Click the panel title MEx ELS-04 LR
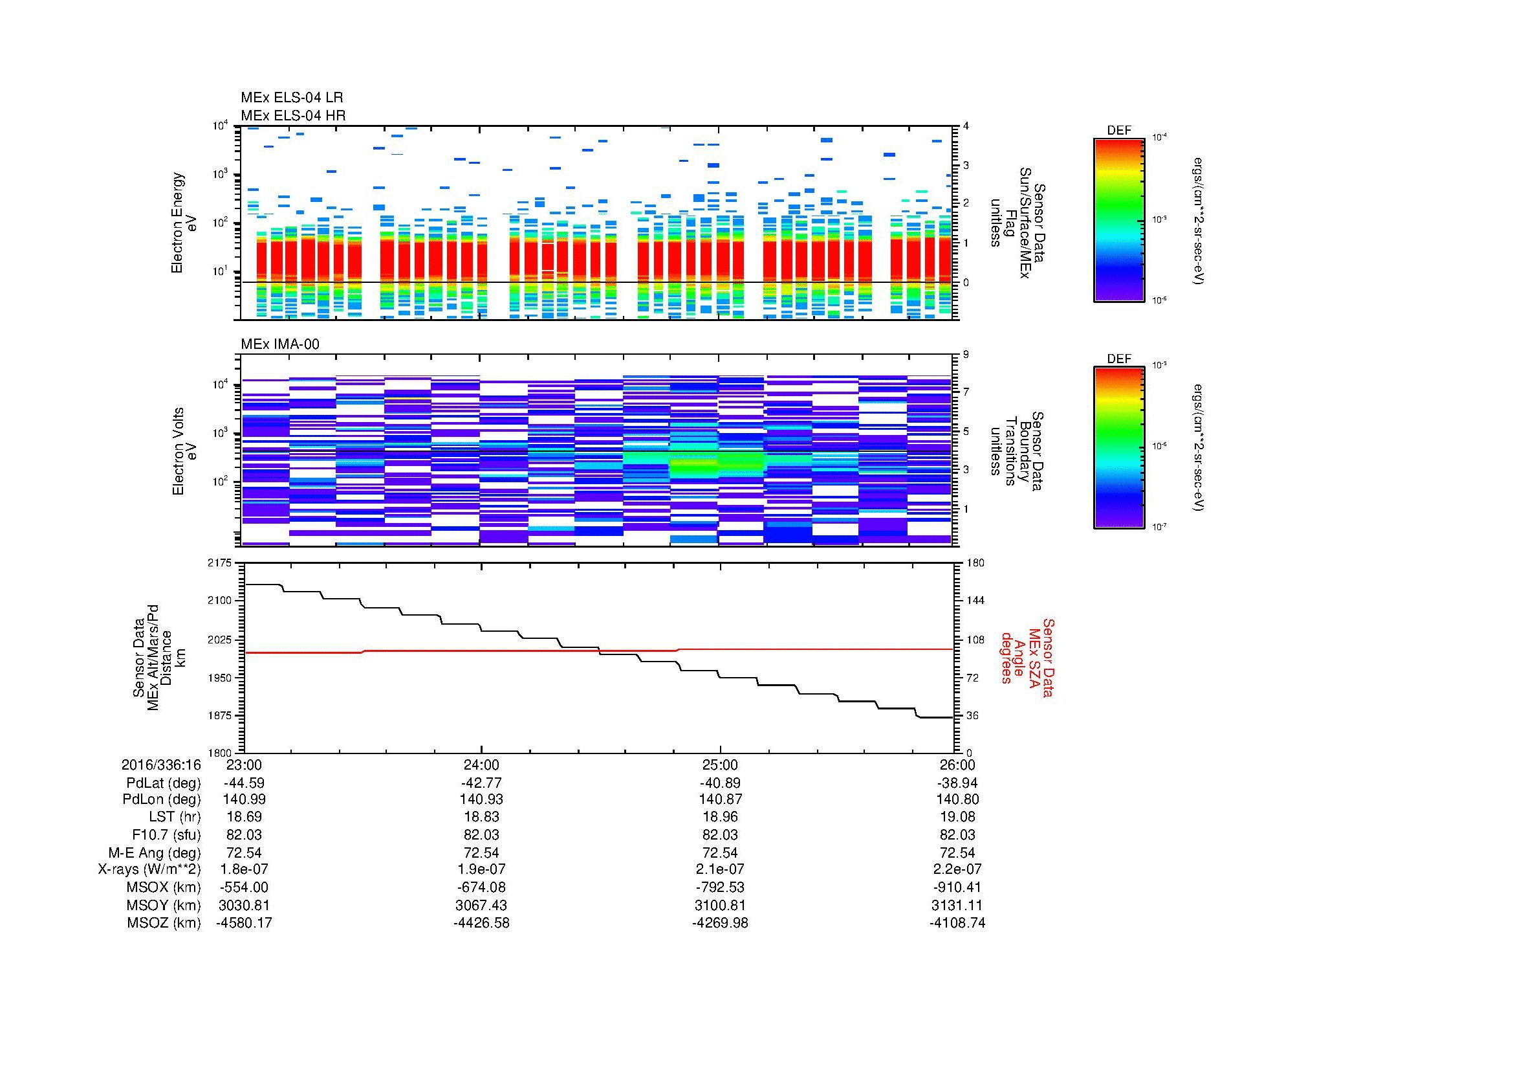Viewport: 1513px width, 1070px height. point(291,98)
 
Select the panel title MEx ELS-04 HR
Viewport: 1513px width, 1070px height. point(292,115)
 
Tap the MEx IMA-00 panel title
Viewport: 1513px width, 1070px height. point(279,344)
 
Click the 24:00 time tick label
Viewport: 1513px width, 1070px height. point(482,765)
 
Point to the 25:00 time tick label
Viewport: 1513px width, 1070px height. point(720,765)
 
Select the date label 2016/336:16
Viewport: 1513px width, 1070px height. point(161,765)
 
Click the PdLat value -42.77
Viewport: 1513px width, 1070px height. point(482,783)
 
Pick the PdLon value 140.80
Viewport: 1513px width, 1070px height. point(958,799)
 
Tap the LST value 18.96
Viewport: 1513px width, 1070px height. point(720,817)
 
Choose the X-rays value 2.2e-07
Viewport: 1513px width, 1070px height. point(958,869)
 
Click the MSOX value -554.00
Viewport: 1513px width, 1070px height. point(245,887)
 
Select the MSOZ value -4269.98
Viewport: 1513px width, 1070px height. point(720,923)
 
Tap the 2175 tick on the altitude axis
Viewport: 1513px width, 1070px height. point(219,563)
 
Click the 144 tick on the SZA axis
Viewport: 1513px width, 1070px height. point(975,601)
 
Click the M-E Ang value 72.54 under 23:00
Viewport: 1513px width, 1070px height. point(245,853)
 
